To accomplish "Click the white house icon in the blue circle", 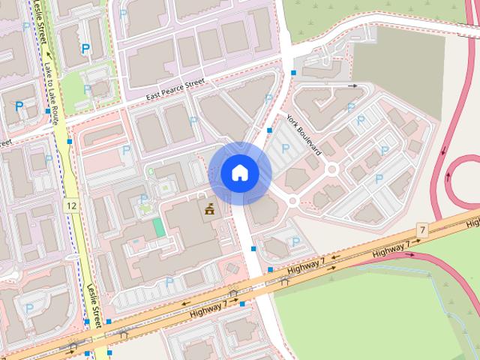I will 239,172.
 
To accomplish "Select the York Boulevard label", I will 304,135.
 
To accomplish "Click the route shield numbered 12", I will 71,205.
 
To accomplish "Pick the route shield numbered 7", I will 422,229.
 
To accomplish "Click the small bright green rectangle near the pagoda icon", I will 158,226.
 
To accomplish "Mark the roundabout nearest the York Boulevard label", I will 331,169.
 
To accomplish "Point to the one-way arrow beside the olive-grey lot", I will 352,86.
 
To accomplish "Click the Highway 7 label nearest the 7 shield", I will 391,252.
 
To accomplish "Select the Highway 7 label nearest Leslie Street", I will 208,307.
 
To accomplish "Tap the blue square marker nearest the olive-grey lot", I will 294,73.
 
